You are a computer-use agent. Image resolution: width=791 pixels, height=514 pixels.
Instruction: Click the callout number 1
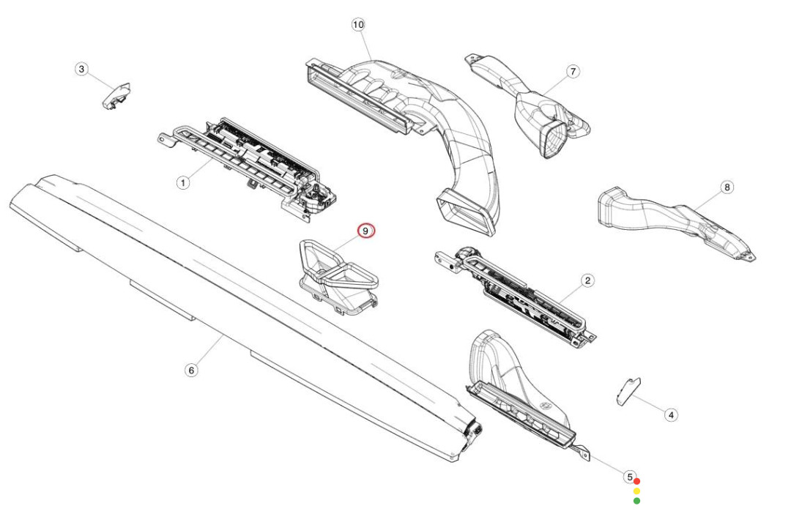pos(183,182)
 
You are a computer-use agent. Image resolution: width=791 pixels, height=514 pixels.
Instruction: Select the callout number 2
pos(587,280)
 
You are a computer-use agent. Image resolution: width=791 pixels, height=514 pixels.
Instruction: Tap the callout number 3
pos(82,69)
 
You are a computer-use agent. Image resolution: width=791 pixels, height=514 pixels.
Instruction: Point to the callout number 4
pos(670,415)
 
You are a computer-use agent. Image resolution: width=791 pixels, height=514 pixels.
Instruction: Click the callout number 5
pos(629,477)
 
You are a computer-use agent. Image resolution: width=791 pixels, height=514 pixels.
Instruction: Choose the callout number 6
pos(191,370)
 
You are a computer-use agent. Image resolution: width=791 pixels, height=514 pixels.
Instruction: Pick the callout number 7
pos(573,72)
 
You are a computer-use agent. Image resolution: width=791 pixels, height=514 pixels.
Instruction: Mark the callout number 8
pos(727,187)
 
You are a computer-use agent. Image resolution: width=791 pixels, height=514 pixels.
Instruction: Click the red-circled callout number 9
pos(365,231)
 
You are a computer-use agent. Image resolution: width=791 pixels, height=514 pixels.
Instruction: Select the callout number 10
pos(357,25)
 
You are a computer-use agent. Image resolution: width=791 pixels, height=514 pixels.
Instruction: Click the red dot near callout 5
pos(636,481)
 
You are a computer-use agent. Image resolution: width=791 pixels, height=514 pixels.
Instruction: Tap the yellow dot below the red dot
pos(636,491)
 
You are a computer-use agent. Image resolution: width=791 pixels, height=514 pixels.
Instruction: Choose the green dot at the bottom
pos(636,501)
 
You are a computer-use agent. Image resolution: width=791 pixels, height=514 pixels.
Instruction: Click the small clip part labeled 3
pos(116,96)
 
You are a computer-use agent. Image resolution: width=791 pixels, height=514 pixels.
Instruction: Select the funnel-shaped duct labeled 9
pos(338,276)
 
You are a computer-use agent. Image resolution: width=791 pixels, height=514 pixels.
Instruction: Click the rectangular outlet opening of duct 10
pos(466,212)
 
